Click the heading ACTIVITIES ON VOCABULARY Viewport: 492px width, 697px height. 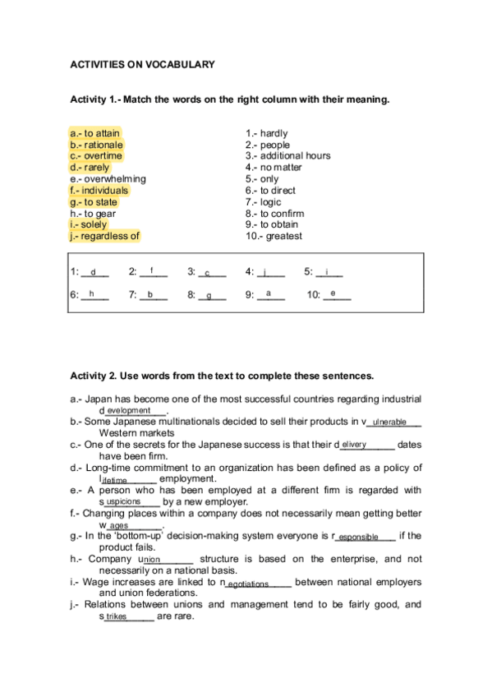click(x=142, y=64)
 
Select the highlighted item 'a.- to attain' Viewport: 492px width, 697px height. click(x=95, y=133)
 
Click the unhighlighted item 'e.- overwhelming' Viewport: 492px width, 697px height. click(x=108, y=178)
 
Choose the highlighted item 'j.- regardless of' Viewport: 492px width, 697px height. click(x=105, y=236)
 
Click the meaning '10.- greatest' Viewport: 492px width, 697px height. click(x=274, y=236)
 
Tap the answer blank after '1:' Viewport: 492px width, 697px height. click(x=94, y=272)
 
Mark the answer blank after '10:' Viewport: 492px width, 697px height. click(x=336, y=294)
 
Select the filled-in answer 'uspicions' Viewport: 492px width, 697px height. click(x=124, y=501)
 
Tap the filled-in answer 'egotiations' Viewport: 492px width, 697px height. click(x=248, y=584)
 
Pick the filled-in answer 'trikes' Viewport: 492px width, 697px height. click(x=117, y=616)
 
